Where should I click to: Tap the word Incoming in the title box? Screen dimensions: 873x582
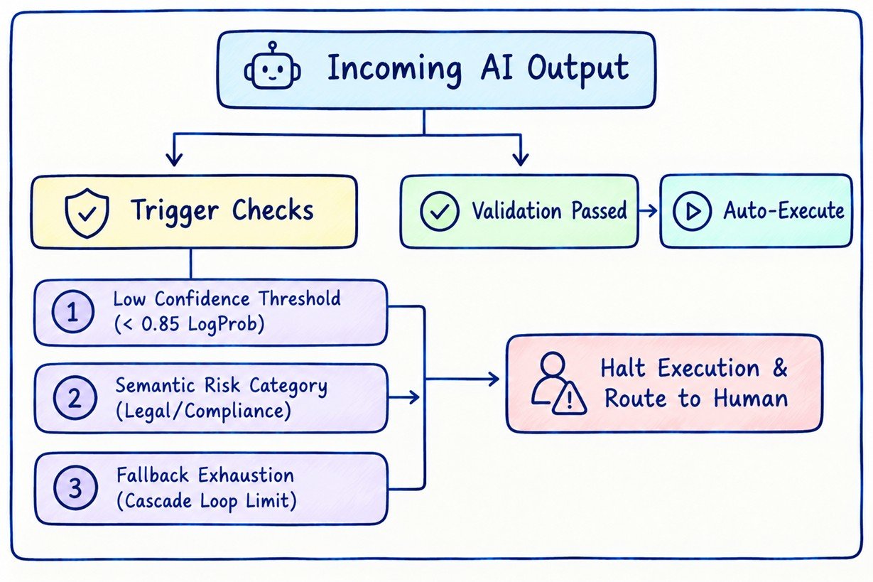coord(394,69)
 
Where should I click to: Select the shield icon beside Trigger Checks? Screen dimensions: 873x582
coord(87,213)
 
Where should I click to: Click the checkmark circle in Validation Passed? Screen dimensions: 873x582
coord(439,211)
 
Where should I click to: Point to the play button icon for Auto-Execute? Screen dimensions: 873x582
coord(692,211)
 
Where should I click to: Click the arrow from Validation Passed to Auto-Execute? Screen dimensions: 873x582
coord(648,211)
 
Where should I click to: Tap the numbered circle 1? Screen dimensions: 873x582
coord(73,311)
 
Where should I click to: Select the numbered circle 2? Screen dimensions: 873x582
coord(75,398)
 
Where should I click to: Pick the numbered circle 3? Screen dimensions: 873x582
coord(75,487)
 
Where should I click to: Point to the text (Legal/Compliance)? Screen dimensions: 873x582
coord(203,411)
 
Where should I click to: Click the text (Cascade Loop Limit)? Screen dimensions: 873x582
coord(207,501)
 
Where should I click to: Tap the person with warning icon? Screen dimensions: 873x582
coord(558,383)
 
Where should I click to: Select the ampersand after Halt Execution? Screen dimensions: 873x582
coord(780,367)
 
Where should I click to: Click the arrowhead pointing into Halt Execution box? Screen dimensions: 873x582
coord(494,379)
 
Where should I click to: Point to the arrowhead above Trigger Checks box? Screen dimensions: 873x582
coord(174,159)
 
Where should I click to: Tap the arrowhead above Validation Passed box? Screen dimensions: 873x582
coord(521,159)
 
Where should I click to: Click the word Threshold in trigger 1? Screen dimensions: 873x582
coord(300,298)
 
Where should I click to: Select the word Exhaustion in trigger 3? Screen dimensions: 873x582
coord(246,475)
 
